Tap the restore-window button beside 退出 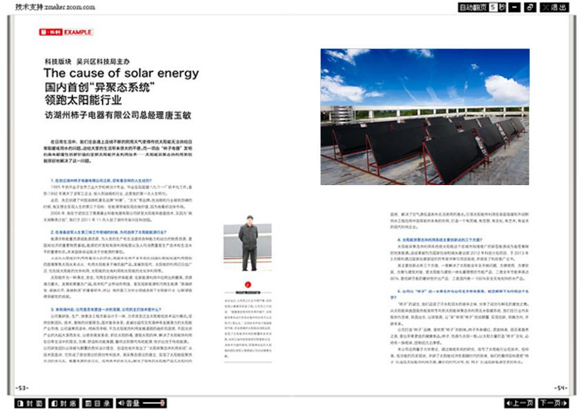[x=530, y=8]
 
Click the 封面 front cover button [x=30, y=403]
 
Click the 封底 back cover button [x=67, y=403]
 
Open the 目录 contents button [x=102, y=403]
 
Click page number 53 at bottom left [x=22, y=388]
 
